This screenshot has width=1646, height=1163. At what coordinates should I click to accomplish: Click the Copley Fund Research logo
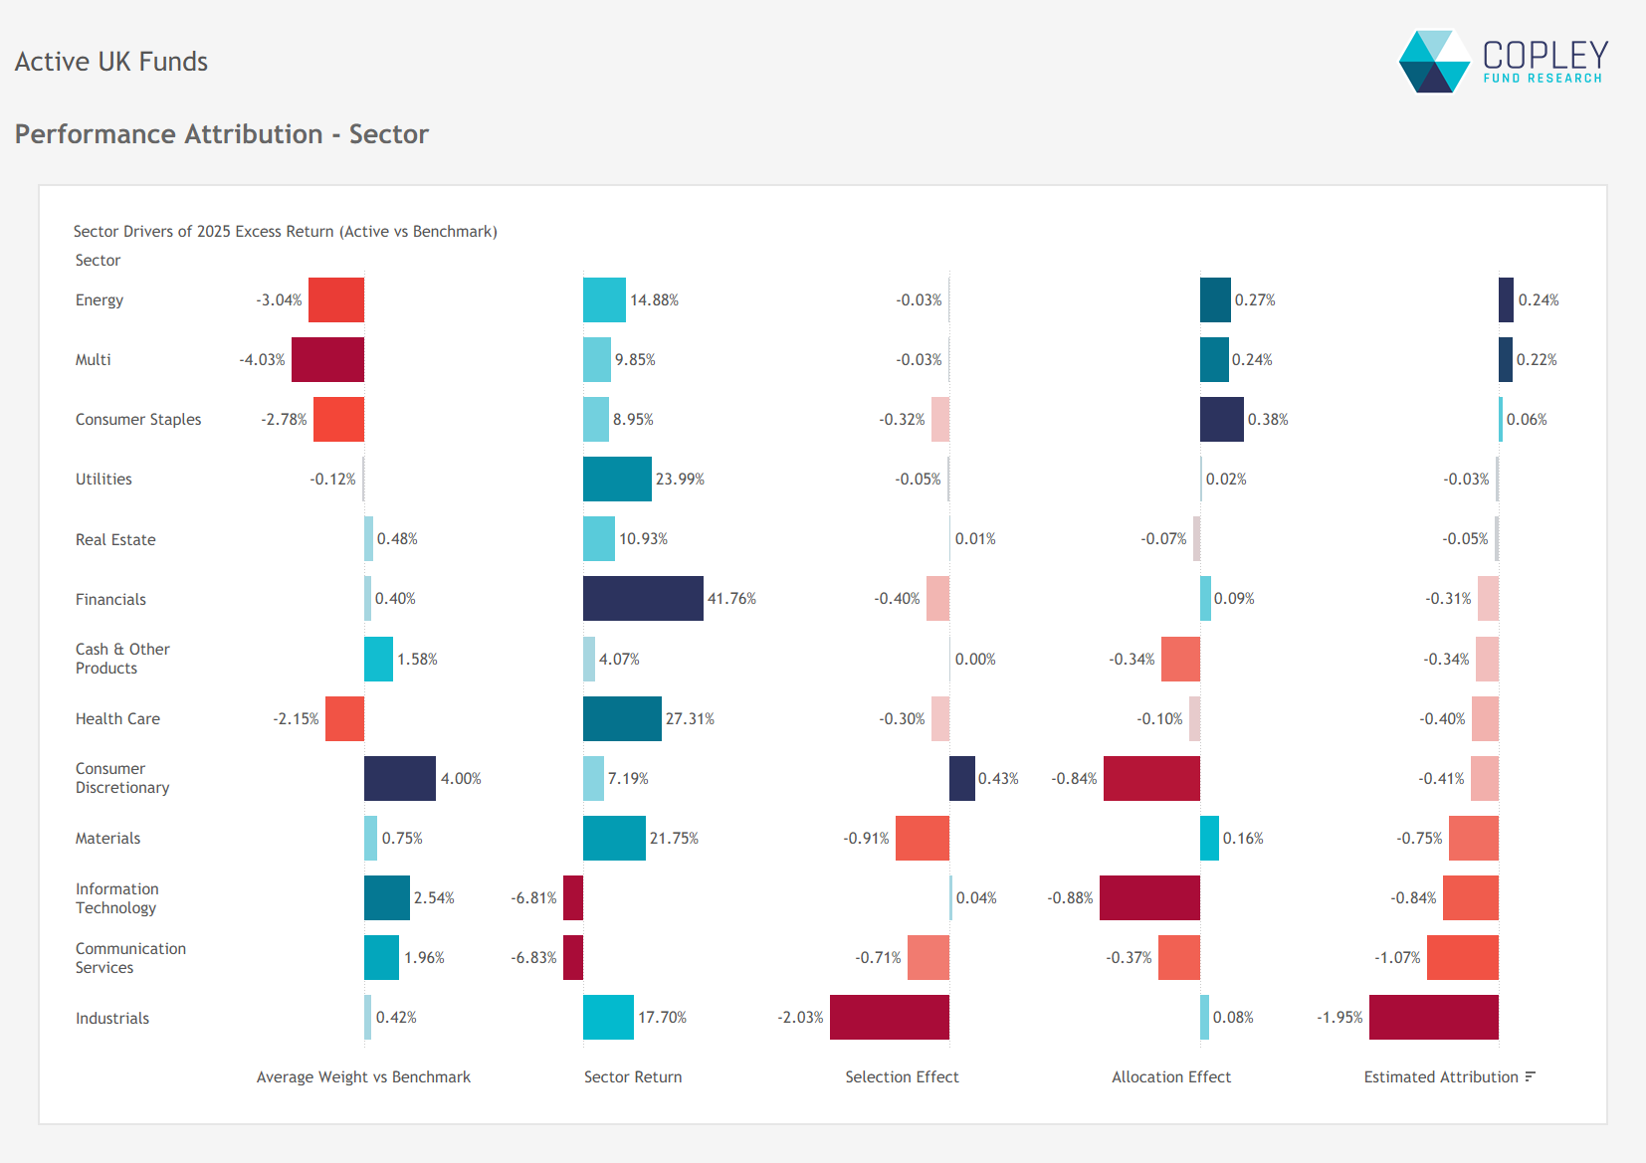[1503, 62]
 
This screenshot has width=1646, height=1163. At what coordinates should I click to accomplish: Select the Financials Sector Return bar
[643, 599]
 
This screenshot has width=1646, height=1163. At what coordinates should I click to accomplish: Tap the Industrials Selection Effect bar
[890, 1018]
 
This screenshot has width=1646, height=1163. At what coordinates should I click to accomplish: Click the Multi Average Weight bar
[327, 360]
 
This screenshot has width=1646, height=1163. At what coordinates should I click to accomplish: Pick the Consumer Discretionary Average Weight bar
[400, 779]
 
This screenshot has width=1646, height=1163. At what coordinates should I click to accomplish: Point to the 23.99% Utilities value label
[680, 480]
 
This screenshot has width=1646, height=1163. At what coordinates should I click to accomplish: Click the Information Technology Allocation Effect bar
[1149, 898]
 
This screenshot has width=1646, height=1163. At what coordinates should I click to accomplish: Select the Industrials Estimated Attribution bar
[1434, 1018]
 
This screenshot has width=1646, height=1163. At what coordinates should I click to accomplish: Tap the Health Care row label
[117, 719]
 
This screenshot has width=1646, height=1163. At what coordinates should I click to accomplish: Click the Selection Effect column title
[902, 1077]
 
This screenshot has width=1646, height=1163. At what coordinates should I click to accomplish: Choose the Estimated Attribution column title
[1441, 1077]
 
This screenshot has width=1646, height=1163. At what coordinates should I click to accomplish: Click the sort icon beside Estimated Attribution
[1531, 1076]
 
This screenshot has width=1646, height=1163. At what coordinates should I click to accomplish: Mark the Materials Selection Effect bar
[923, 839]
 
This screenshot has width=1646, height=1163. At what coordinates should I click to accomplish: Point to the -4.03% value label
[262, 360]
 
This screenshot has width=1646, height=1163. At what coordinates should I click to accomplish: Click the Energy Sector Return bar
[604, 300]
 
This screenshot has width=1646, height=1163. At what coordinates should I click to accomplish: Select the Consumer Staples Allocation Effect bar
[1222, 420]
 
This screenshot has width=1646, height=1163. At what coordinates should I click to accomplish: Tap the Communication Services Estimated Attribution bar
[1463, 958]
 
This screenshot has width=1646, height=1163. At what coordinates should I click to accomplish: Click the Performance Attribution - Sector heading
[221, 134]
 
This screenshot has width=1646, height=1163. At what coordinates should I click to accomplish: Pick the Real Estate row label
[115, 540]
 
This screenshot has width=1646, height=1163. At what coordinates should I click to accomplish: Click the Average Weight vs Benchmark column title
[363, 1077]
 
